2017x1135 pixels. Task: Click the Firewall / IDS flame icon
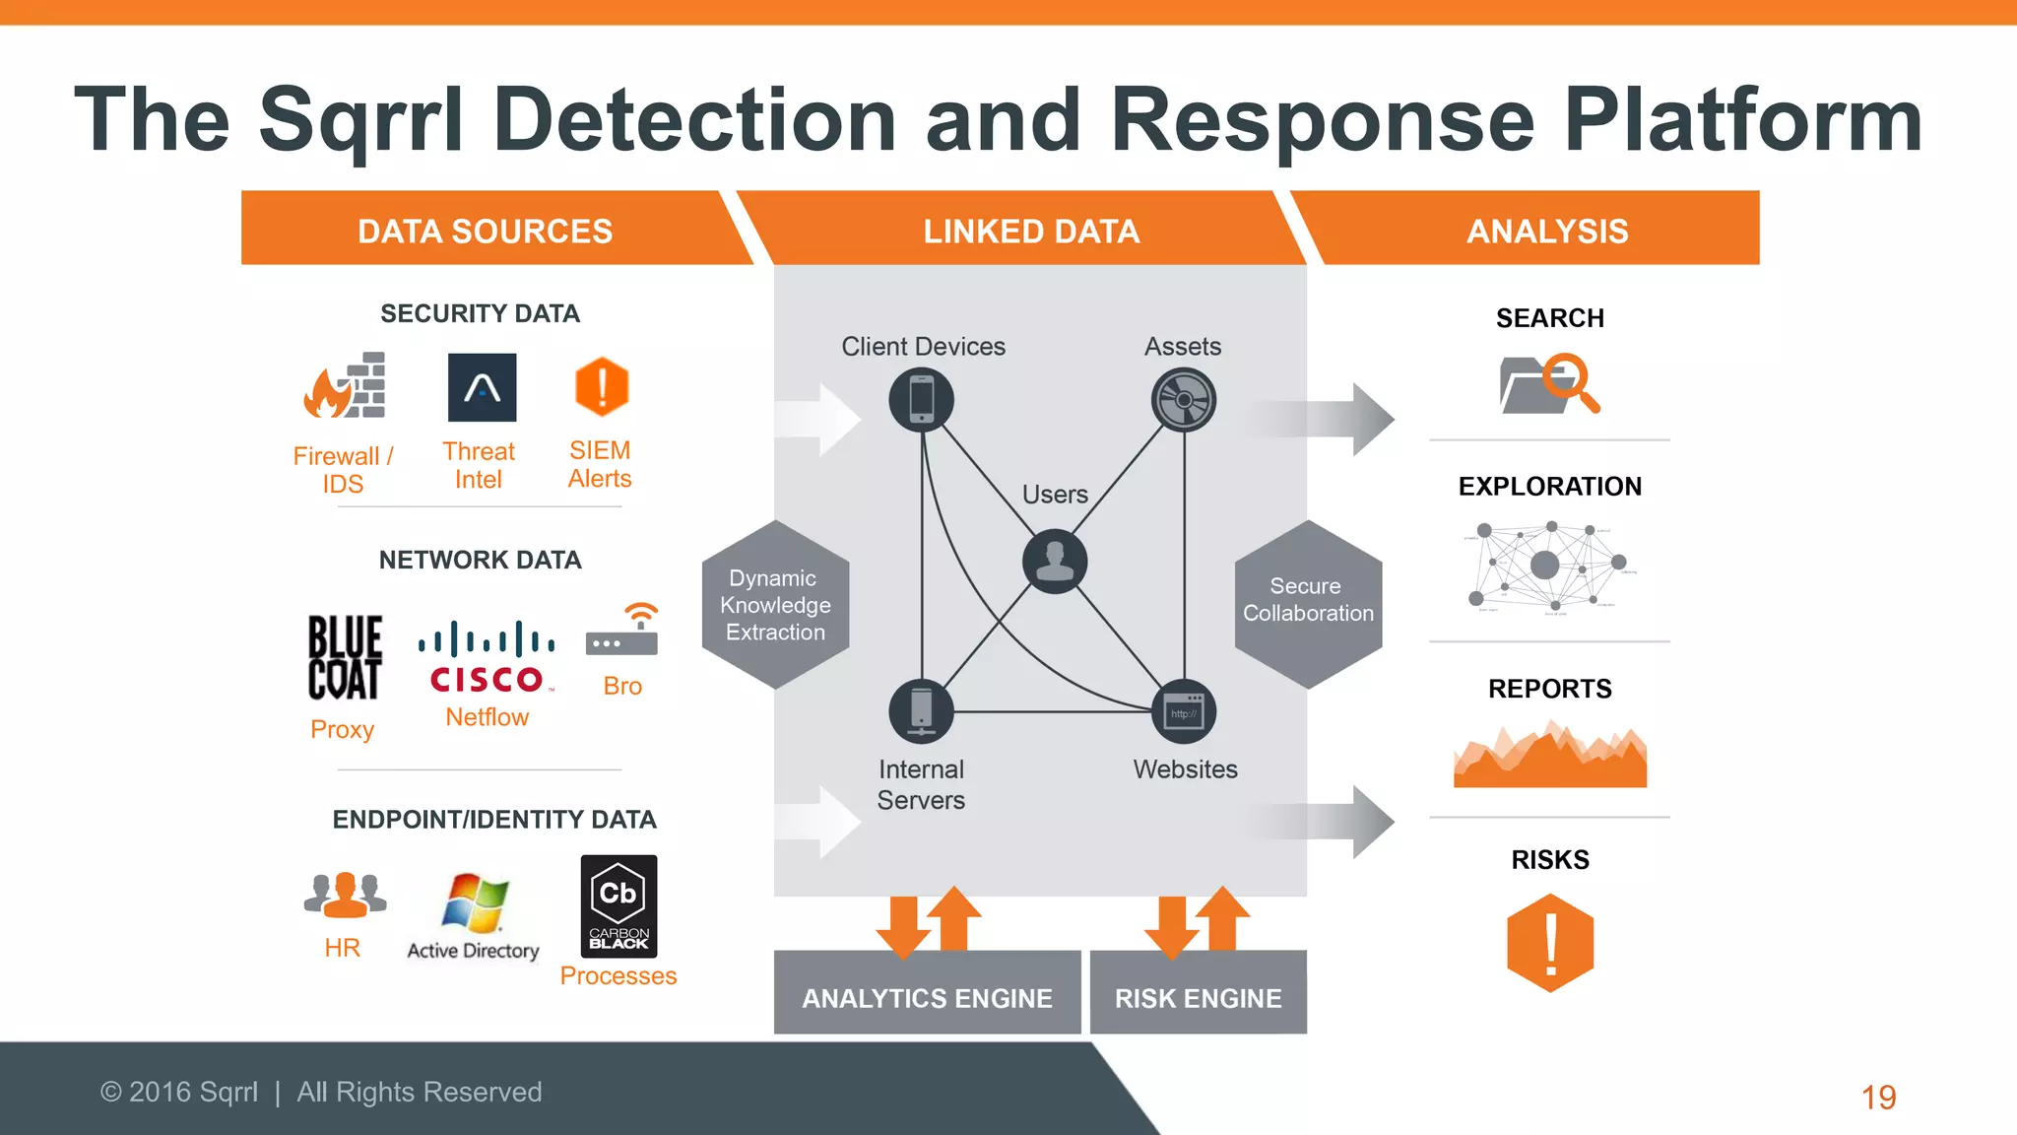(344, 386)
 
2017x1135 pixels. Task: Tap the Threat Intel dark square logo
(482, 387)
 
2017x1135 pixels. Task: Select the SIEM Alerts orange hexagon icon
(601, 386)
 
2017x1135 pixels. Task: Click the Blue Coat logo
(344, 657)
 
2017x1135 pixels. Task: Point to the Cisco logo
(487, 658)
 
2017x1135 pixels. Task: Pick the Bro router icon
(622, 632)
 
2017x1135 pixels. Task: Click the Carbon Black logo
(618, 905)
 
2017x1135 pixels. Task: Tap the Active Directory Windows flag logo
(475, 902)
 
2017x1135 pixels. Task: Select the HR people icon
(344, 895)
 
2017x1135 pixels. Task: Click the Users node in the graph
(1055, 561)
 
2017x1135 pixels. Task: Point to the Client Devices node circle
(921, 400)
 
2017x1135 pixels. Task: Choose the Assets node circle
(1183, 400)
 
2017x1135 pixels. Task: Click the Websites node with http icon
(1184, 711)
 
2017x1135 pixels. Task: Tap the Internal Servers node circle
(921, 711)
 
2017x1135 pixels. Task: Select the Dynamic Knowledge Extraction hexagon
(775, 605)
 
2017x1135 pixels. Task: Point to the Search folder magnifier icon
(1549, 383)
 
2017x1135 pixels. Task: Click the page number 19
(1878, 1097)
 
